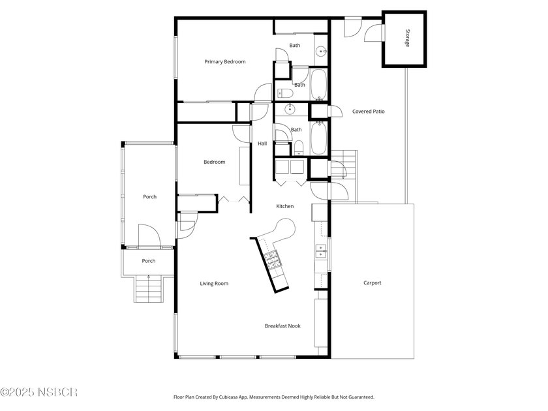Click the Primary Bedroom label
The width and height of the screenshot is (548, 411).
224,62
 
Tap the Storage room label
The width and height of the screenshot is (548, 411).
407,38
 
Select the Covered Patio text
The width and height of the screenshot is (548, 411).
369,112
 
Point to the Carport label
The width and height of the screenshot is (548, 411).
373,282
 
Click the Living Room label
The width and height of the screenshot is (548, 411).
214,283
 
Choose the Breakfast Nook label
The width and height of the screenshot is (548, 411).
282,326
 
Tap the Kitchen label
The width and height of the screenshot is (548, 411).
285,206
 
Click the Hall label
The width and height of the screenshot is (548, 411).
262,144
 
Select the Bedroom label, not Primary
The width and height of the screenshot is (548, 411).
214,162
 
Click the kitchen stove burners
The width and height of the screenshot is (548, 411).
271,260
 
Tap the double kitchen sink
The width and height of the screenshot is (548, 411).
321,251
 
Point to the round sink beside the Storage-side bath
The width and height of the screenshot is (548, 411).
321,52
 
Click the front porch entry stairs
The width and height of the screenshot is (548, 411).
149,288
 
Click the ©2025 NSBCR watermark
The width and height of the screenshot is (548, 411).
38,392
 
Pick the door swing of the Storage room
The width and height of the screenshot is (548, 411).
374,33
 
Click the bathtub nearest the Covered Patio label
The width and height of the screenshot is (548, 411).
318,138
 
